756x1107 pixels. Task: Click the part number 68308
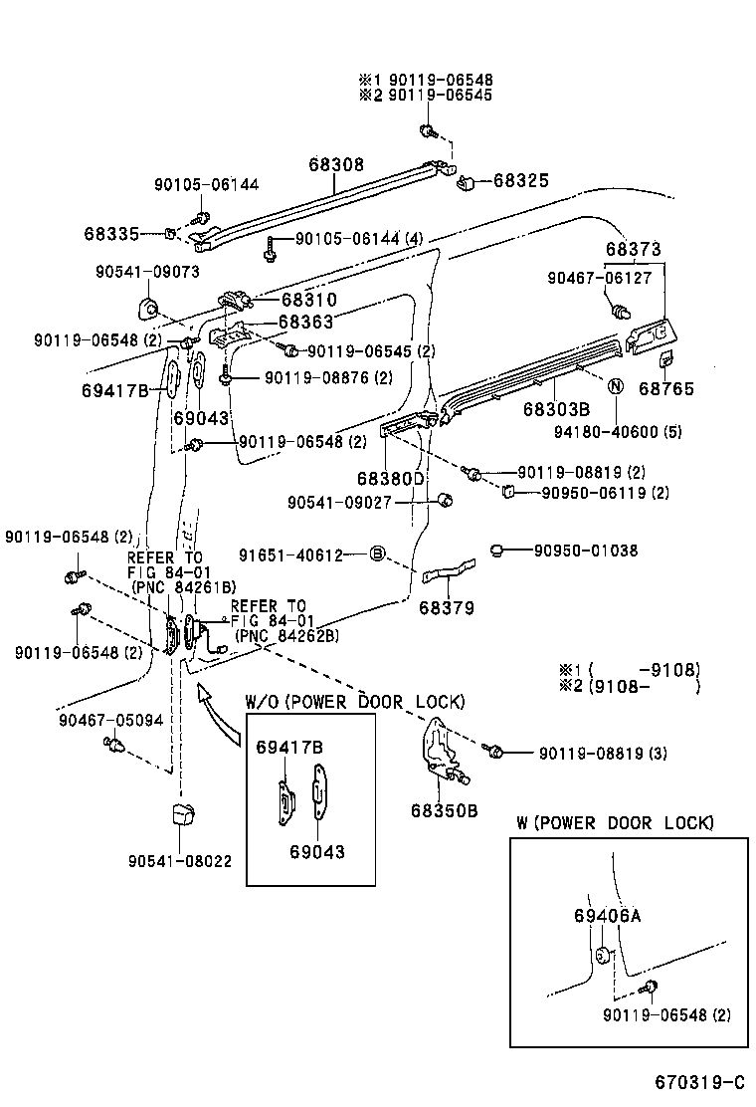click(x=335, y=165)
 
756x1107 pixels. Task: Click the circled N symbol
click(x=614, y=386)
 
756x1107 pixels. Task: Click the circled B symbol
click(x=377, y=553)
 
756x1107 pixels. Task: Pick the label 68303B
click(x=556, y=409)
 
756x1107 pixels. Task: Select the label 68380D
click(x=391, y=478)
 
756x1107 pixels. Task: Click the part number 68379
click(x=447, y=607)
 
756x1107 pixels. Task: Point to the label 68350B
click(x=444, y=810)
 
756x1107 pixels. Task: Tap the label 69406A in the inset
click(x=607, y=916)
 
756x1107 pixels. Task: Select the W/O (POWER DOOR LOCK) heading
click(x=354, y=702)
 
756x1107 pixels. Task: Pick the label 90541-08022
click(x=181, y=861)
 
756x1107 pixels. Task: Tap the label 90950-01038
click(x=585, y=551)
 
